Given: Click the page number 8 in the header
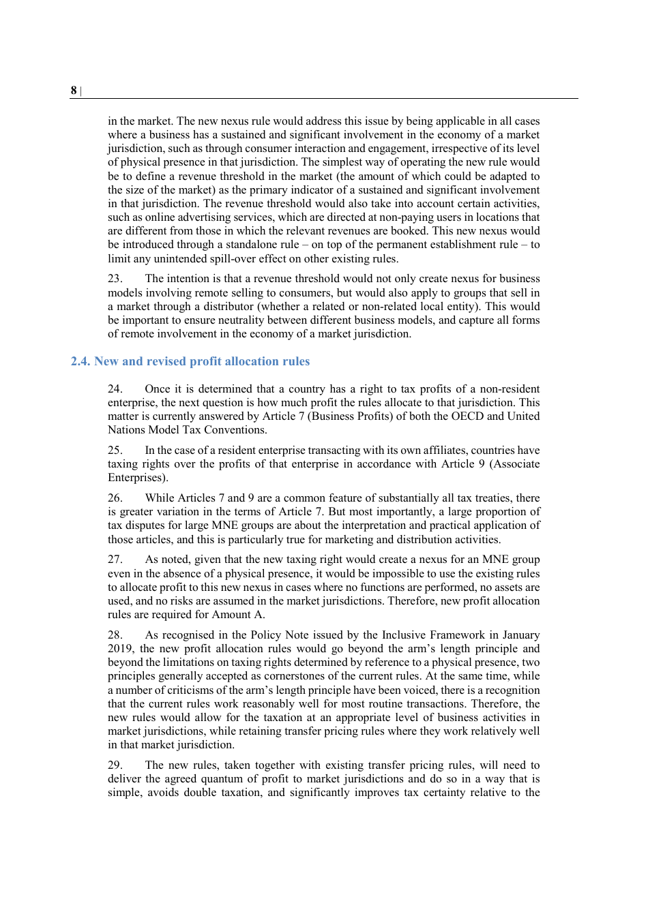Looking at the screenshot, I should point(74,91).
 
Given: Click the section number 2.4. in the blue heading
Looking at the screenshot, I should point(80,361).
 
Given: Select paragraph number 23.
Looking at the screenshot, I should point(115,279).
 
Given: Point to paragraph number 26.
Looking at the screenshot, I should point(115,498).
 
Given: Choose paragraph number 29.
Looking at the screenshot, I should point(115,765).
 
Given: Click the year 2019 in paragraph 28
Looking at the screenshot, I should point(120,649).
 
